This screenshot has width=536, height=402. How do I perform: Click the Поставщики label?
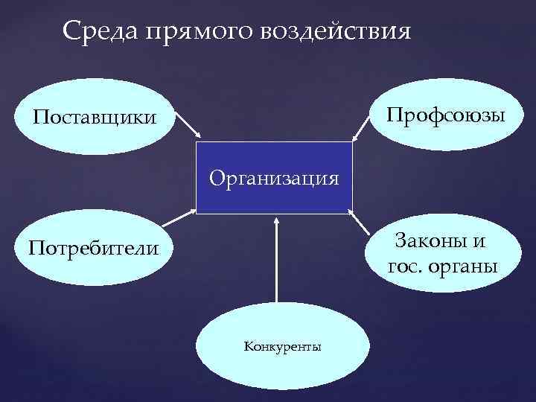(94, 118)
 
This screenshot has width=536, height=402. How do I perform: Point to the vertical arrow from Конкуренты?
(275, 261)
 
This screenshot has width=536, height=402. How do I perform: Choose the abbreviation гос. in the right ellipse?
(405, 267)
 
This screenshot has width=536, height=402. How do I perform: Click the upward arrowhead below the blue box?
(275, 221)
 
